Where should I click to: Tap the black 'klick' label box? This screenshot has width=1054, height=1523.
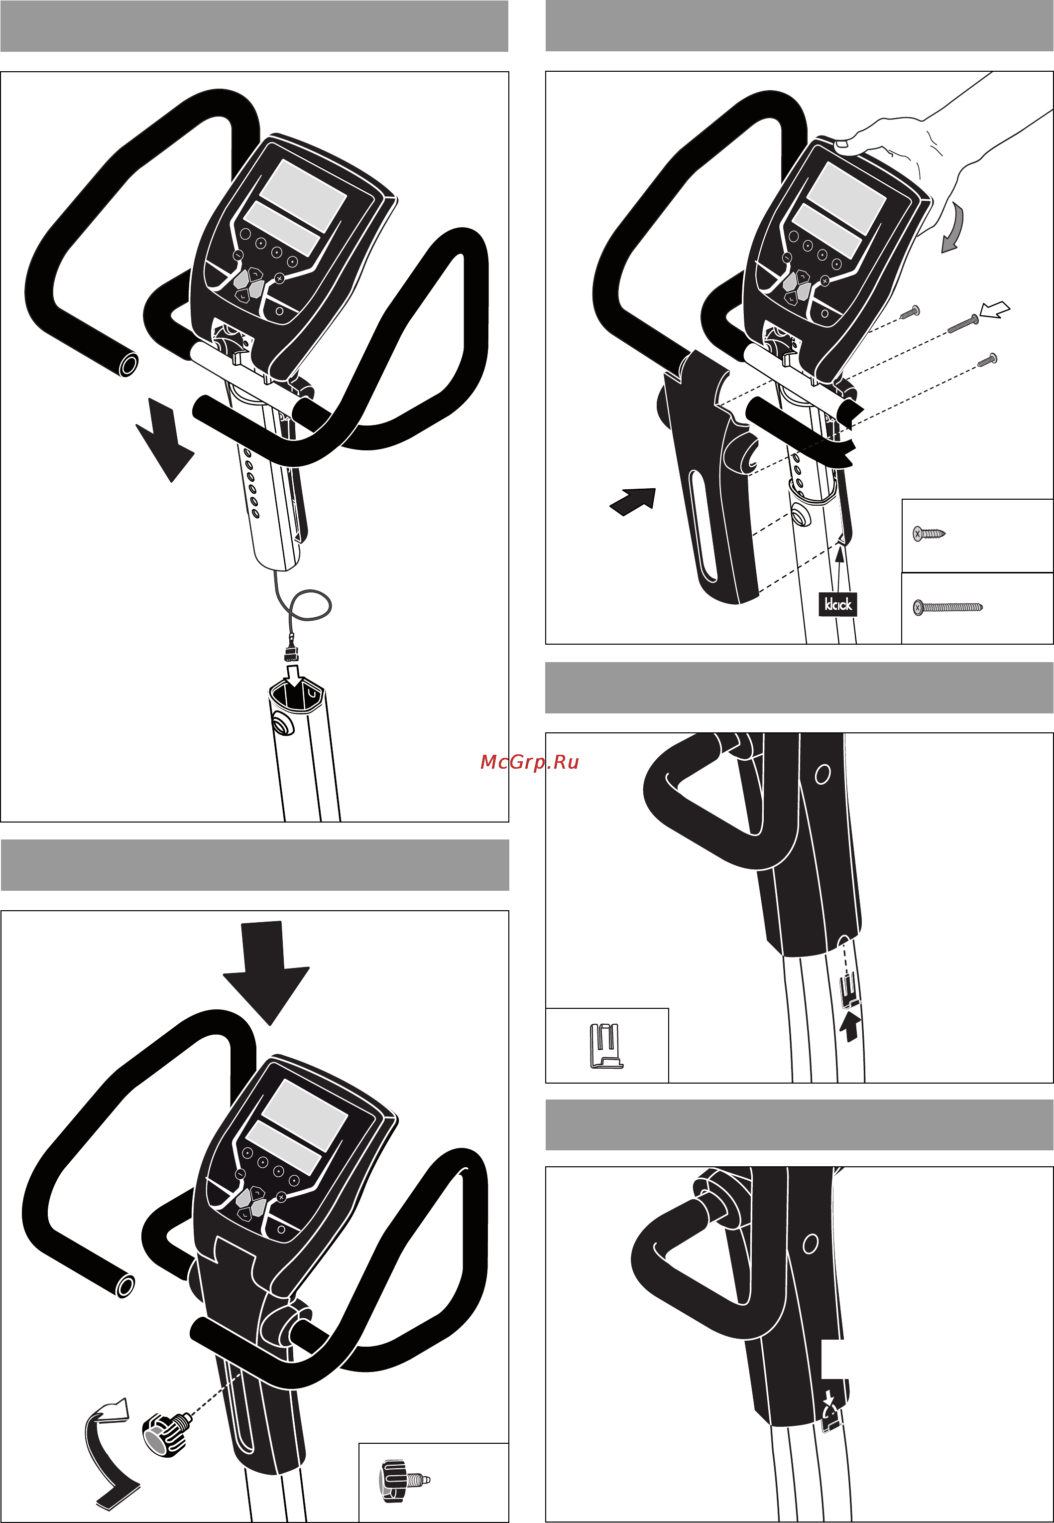tap(837, 604)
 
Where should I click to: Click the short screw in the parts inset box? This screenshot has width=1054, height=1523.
tap(929, 533)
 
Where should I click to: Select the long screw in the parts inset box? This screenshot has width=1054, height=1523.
tap(947, 606)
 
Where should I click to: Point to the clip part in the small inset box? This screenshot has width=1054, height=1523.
tap(605, 1046)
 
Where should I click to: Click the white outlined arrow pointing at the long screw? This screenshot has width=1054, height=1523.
tap(995, 308)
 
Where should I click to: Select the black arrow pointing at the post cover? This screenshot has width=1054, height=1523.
tap(633, 502)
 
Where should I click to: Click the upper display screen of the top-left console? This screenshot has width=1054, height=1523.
tap(303, 194)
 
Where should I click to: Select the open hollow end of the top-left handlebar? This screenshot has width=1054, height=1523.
tap(129, 364)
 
